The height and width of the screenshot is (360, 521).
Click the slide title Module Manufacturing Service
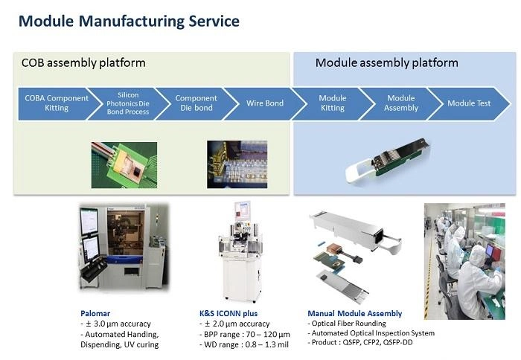[x=129, y=21]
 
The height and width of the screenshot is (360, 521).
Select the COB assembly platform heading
[x=83, y=62]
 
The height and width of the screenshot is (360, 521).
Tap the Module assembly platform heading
[x=386, y=62]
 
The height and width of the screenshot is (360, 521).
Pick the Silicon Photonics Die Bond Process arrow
[x=127, y=103]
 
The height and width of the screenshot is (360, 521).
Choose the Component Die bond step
[x=196, y=103]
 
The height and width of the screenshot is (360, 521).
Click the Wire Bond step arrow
[x=264, y=103]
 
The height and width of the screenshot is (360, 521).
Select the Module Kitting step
[x=332, y=103]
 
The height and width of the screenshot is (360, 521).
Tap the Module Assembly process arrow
[x=400, y=103]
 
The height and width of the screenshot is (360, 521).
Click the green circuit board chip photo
[x=124, y=164]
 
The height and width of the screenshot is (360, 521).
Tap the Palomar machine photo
[x=123, y=249]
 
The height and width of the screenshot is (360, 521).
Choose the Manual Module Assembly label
[x=354, y=313]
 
